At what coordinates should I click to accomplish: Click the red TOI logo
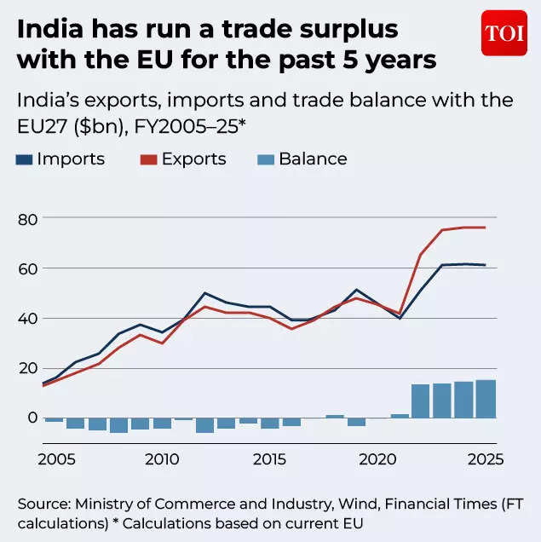504,33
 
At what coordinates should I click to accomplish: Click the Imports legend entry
60,159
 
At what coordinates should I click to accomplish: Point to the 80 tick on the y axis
28,219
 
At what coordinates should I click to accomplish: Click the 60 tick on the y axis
28,268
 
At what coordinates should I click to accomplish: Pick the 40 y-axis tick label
28,318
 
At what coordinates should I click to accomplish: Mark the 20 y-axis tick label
28,367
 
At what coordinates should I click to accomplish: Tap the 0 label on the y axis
32,418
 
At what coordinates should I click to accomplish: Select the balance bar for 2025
485,399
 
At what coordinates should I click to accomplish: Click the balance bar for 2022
420,401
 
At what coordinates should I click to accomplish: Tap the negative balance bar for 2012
204,425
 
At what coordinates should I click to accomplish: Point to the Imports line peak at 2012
205,293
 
